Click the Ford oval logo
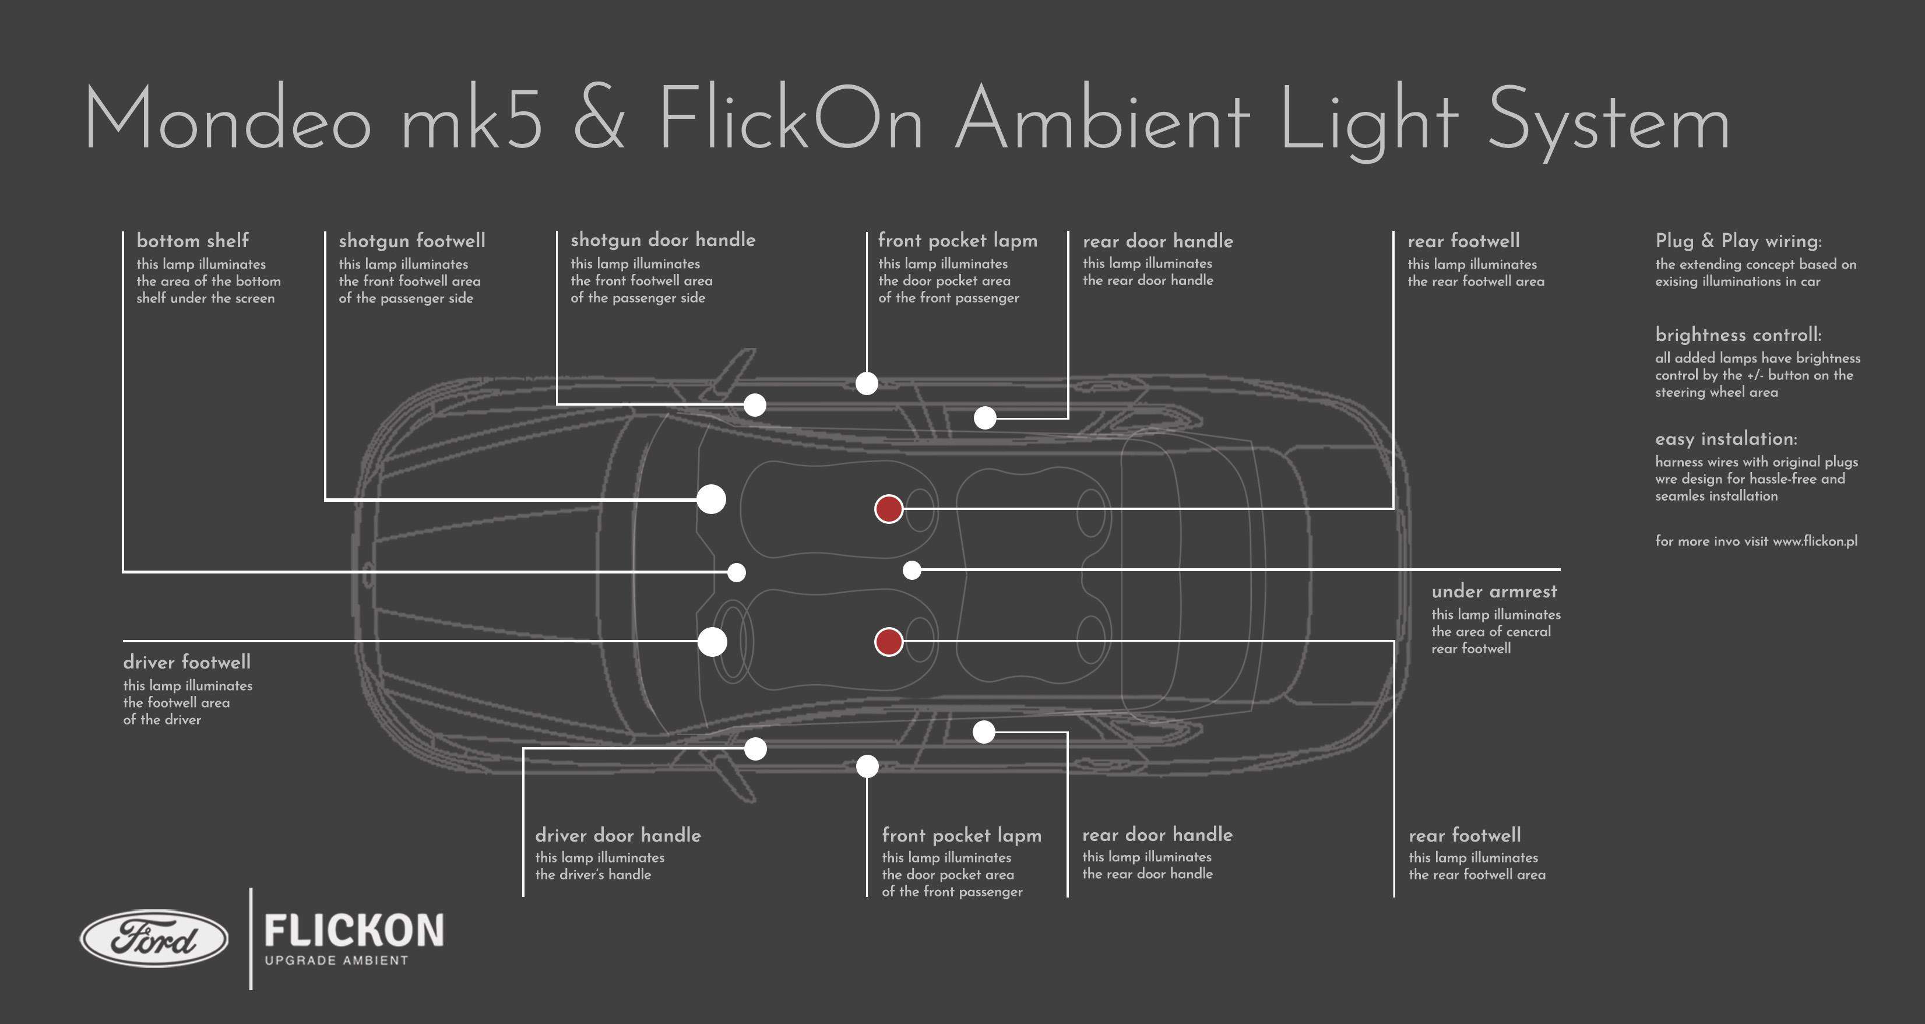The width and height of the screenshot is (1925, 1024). pyautogui.click(x=154, y=938)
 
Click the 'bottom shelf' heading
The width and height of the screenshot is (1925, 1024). pyautogui.click(x=193, y=241)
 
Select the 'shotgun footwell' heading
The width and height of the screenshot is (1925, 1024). pyautogui.click(x=412, y=241)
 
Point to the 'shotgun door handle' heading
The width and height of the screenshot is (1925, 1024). pyautogui.click(x=663, y=240)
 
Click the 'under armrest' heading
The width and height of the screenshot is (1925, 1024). pyautogui.click(x=1494, y=591)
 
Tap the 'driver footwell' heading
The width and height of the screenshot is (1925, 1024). pyautogui.click(x=187, y=662)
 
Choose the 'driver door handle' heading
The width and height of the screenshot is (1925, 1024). pyautogui.click(x=618, y=835)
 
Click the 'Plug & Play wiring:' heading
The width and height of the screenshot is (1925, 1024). pyautogui.click(x=1738, y=241)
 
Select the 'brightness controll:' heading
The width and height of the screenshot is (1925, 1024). pyautogui.click(x=1738, y=335)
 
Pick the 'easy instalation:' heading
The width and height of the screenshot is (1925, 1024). pyautogui.click(x=1726, y=439)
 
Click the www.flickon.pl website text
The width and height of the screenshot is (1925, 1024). pyautogui.click(x=1814, y=541)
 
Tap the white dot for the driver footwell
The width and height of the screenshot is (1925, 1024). pyautogui.click(x=712, y=641)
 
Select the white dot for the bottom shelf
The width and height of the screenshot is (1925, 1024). pyautogui.click(x=737, y=572)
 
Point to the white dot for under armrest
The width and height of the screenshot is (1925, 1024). pyautogui.click(x=912, y=571)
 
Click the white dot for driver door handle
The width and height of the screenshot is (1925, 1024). pyautogui.click(x=755, y=748)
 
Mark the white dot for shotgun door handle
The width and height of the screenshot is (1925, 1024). pyautogui.click(x=755, y=405)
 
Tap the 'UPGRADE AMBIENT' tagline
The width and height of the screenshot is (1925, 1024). pyautogui.click(x=336, y=960)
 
